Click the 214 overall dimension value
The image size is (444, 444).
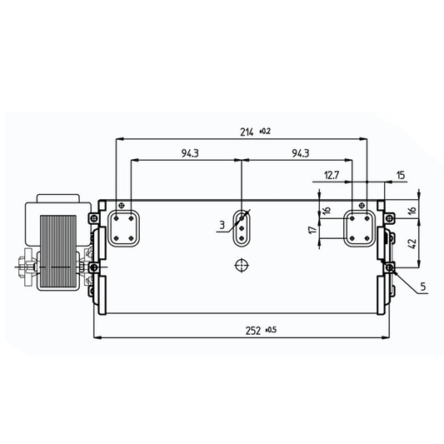(x=247, y=132)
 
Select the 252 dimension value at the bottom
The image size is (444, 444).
(x=253, y=331)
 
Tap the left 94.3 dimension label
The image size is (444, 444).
(x=190, y=153)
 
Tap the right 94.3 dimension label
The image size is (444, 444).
(x=301, y=153)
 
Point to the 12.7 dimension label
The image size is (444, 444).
(x=332, y=175)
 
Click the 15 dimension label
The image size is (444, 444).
(x=401, y=176)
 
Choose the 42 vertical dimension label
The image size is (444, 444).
(x=412, y=244)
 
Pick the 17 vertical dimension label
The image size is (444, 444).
(x=312, y=230)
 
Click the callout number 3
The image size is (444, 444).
(x=222, y=225)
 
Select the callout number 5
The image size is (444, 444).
(x=423, y=287)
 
